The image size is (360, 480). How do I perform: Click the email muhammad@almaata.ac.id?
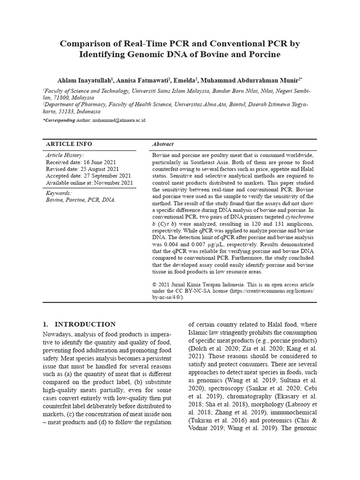[x=119, y=120]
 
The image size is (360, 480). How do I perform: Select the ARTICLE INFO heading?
[x=68, y=144]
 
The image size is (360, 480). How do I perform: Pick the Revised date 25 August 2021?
[x=82, y=169]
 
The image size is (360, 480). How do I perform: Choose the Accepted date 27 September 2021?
[x=88, y=176]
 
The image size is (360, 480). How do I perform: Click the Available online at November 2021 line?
[x=89, y=183]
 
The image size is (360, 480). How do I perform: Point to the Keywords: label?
[x=59, y=193]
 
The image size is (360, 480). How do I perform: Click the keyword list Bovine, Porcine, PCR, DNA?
[x=80, y=200]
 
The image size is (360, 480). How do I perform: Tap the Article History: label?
[x=65, y=155]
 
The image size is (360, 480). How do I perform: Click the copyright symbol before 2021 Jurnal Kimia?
[x=155, y=285]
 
